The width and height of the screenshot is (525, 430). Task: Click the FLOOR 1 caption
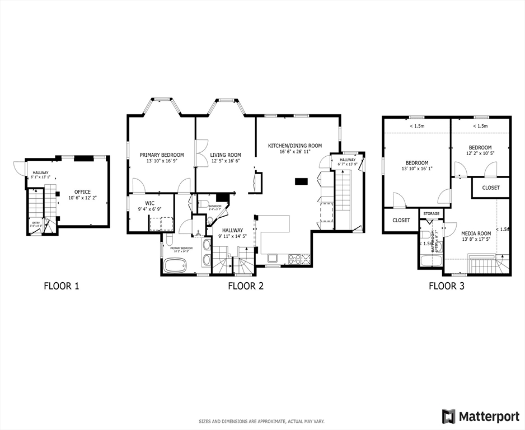coord(62,286)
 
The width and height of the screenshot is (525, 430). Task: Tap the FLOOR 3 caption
coord(446,286)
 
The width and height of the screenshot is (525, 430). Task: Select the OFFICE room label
coord(82,192)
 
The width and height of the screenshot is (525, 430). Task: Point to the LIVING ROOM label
coord(226,155)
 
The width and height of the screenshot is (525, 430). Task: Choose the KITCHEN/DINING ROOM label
coord(294,146)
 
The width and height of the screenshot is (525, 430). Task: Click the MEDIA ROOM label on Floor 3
coord(476,233)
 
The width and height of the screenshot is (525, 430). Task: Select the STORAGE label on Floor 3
coord(431,214)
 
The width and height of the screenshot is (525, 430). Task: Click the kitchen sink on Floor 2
coord(273,258)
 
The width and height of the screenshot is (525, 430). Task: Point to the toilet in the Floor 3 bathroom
coord(426,235)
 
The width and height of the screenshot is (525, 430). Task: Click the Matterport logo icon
coord(449,416)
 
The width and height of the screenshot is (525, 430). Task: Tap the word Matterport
coord(488,416)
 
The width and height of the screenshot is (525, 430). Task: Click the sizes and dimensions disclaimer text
coord(261,421)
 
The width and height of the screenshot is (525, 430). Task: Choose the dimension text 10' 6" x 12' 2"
coord(82,198)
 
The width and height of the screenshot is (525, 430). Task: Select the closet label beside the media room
coord(490,188)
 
